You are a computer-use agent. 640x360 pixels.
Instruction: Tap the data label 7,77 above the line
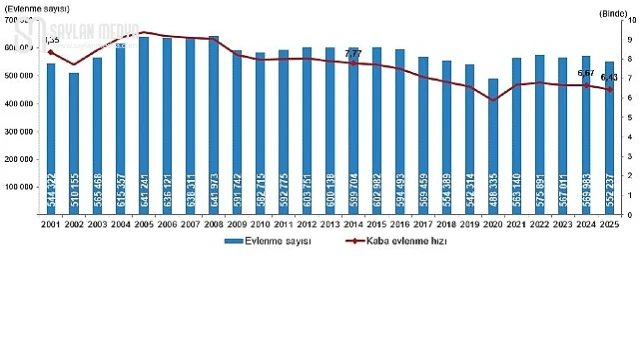pos(353,52)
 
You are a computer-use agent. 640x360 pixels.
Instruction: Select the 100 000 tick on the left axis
pos(23,186)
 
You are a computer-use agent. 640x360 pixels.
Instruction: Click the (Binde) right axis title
pos(612,12)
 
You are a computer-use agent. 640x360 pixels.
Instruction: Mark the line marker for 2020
pos(493,100)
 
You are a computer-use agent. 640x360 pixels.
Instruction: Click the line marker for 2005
pos(144,33)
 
